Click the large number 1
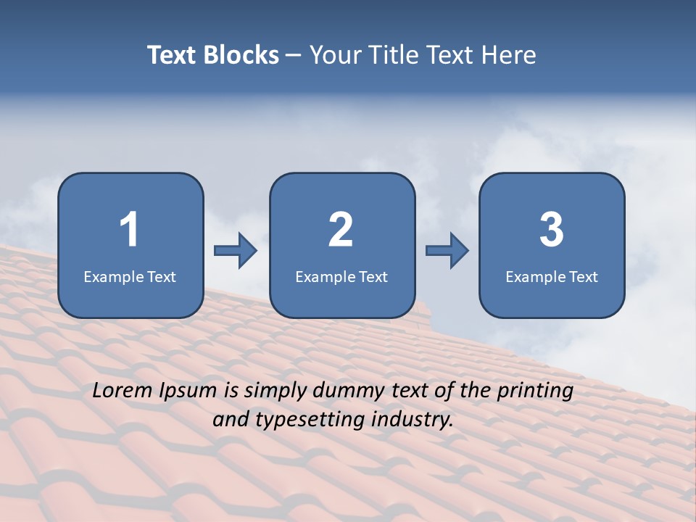129,230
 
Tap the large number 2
341,230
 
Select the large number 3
552,230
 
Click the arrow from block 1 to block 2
236,251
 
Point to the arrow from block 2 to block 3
447,251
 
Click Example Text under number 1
130,276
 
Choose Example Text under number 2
341,276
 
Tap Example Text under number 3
552,276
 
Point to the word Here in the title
510,55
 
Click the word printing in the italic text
536,391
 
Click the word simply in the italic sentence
276,391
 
